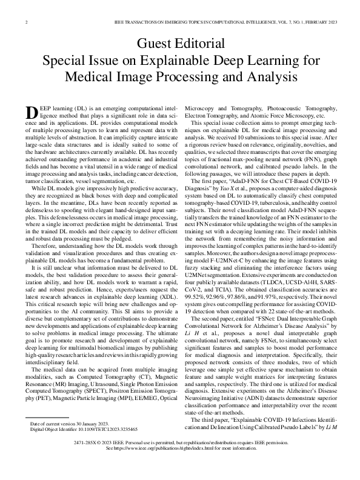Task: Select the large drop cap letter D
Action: [x=33, y=113]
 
